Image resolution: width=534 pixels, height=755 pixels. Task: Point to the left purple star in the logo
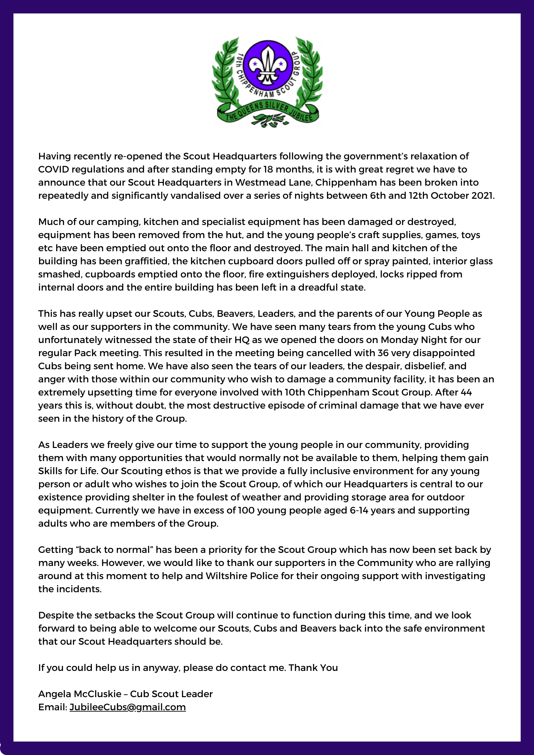[255, 63]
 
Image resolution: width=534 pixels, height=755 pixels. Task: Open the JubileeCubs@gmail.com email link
[128, 707]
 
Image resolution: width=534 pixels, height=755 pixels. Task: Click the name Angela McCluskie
[80, 694]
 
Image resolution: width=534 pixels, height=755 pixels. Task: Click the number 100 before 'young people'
[247, 510]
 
